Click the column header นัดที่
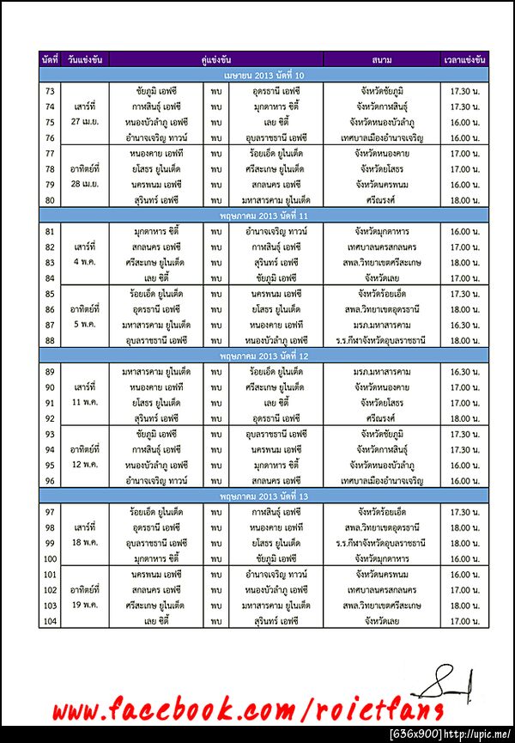tap(49, 59)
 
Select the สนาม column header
tap(383, 59)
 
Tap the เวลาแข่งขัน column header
tap(465, 59)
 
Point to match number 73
tap(49, 91)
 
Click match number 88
tap(49, 341)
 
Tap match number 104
tap(49, 621)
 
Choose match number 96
tap(49, 481)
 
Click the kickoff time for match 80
tap(465, 200)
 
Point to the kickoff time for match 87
tap(465, 326)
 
